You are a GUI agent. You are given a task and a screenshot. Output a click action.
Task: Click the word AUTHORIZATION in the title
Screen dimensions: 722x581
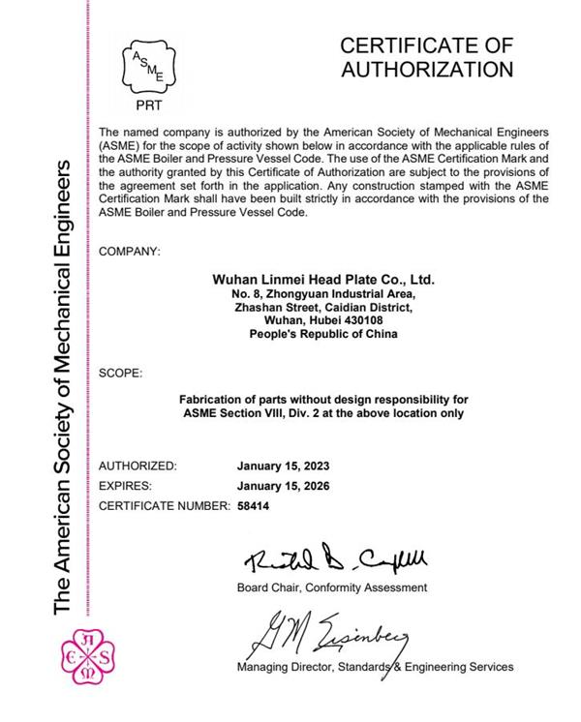point(426,69)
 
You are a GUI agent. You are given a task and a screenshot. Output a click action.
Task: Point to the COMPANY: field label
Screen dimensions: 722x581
point(130,252)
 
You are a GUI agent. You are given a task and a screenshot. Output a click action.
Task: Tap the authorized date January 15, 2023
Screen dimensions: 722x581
point(282,466)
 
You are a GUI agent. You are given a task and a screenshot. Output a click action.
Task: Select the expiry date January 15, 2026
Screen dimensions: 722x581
point(282,486)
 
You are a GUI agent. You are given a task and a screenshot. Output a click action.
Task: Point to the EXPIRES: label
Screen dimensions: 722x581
point(126,486)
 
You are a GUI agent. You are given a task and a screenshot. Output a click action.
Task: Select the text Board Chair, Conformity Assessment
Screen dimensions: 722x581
point(330,587)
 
